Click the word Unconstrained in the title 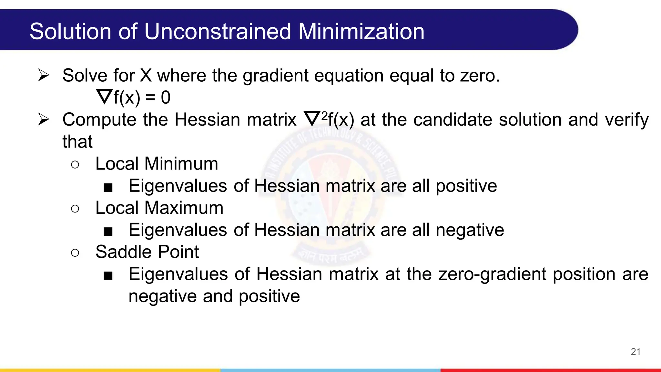click(x=218, y=31)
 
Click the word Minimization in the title click(x=361, y=31)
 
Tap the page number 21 click(x=636, y=352)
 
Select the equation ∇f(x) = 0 click(x=133, y=97)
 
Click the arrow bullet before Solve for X click(x=43, y=75)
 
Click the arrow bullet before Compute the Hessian click(x=43, y=119)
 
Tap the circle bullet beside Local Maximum click(x=75, y=209)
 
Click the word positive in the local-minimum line click(x=466, y=186)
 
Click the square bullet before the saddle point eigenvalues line click(x=108, y=276)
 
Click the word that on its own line click(x=77, y=141)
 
